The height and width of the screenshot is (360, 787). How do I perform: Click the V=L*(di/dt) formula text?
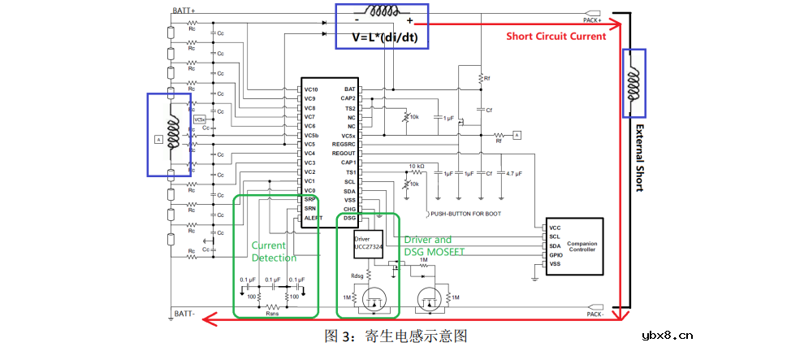point(384,37)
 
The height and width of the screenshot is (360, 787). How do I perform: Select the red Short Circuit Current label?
point(556,36)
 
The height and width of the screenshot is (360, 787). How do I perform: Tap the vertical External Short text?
point(639,158)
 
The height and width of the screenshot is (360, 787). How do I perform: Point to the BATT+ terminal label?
point(184,11)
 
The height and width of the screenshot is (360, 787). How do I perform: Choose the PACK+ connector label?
point(592,20)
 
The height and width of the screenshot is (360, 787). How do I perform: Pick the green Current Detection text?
point(274,251)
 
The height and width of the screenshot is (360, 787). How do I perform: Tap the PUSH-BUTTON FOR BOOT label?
point(464,214)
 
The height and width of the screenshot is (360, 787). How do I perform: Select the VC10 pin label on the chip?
point(311,89)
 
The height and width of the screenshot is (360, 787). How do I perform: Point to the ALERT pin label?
point(313,218)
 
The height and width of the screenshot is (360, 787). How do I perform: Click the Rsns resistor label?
point(272,312)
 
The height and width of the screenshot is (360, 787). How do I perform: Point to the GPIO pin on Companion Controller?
point(556,254)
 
